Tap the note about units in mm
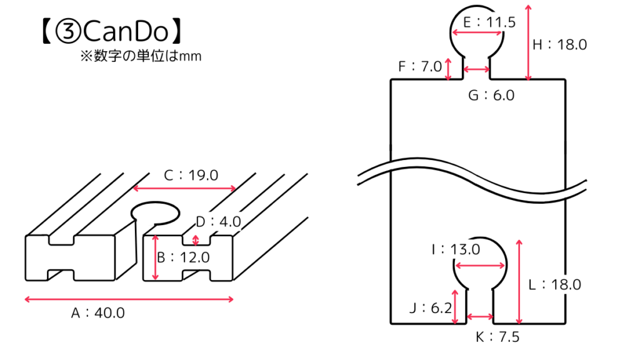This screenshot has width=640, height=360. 140,56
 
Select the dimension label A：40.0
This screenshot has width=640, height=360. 97,313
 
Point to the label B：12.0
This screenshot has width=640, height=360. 182,257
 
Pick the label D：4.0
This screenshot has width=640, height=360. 218,222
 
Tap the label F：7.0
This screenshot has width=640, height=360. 420,66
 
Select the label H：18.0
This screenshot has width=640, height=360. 559,44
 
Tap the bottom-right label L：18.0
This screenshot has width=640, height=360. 554,284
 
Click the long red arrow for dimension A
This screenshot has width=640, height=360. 129,300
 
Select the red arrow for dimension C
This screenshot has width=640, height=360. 184,188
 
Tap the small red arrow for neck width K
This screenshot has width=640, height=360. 480,317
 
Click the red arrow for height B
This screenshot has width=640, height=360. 155,257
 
